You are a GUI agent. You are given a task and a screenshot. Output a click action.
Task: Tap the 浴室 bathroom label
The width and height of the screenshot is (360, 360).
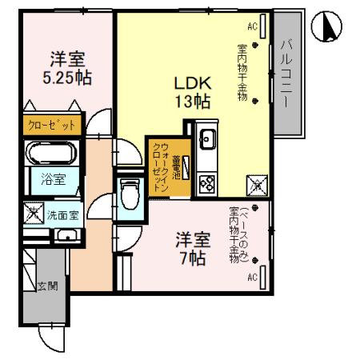[47, 181]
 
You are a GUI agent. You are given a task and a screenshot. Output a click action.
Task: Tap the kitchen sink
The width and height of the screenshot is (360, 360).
[206, 138]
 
